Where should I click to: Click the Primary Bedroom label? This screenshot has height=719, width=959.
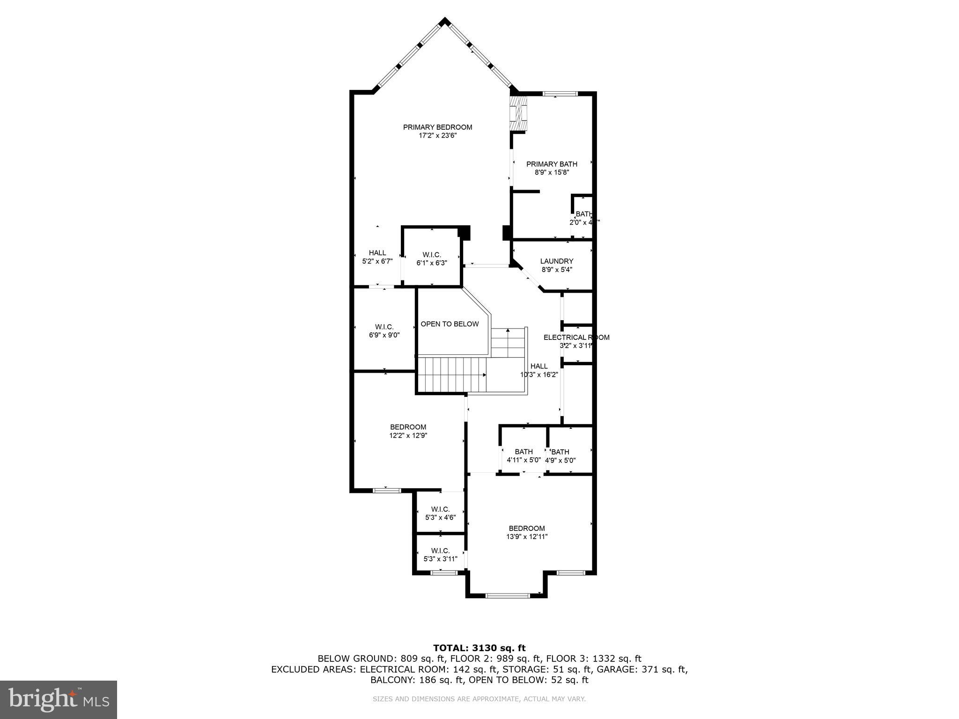click(x=437, y=127)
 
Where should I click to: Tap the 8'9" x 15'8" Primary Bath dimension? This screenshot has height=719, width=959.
click(x=552, y=172)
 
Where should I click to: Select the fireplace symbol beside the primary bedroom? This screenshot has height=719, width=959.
click(x=518, y=114)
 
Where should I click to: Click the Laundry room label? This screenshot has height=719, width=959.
click(x=556, y=261)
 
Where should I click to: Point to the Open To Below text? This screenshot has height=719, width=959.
click(x=450, y=324)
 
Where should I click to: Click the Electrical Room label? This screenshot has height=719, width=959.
click(x=576, y=337)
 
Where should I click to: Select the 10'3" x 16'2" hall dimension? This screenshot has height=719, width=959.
click(x=539, y=374)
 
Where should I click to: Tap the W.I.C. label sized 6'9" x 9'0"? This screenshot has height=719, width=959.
click(x=384, y=327)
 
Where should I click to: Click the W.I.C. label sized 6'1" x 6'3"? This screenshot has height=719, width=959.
click(x=432, y=255)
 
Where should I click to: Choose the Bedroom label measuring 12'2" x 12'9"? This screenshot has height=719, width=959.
click(x=408, y=427)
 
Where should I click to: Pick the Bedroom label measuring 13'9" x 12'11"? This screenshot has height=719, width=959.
click(x=527, y=528)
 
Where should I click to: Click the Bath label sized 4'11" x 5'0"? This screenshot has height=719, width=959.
click(x=524, y=452)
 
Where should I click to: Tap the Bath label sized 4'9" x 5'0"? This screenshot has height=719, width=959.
click(x=560, y=452)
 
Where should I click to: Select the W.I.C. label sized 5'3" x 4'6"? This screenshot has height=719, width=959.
click(x=440, y=509)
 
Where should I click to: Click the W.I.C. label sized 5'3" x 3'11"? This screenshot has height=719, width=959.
click(x=440, y=550)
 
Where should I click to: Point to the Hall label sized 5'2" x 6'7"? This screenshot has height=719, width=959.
click(x=377, y=253)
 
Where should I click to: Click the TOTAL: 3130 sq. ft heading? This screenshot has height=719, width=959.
click(x=479, y=648)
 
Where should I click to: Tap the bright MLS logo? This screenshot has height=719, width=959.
click(x=59, y=699)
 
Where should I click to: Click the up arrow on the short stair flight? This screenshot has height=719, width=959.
click(x=508, y=331)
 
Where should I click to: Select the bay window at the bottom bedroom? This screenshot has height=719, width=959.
click(x=507, y=595)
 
